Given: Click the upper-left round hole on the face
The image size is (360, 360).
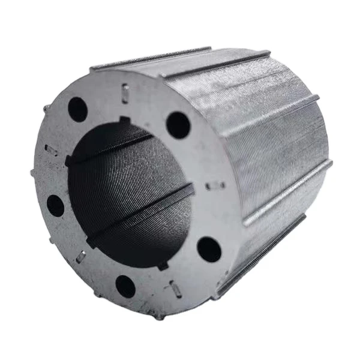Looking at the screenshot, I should point(77,109).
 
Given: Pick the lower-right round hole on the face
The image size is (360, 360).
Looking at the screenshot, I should point(208,249).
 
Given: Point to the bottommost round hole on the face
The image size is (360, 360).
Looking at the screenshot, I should point(125,286).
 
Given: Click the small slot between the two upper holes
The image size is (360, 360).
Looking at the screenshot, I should point(125,93).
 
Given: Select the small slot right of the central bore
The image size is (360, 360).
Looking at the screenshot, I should point(215,185).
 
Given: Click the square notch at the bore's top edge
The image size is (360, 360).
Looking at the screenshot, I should point(125,121).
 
